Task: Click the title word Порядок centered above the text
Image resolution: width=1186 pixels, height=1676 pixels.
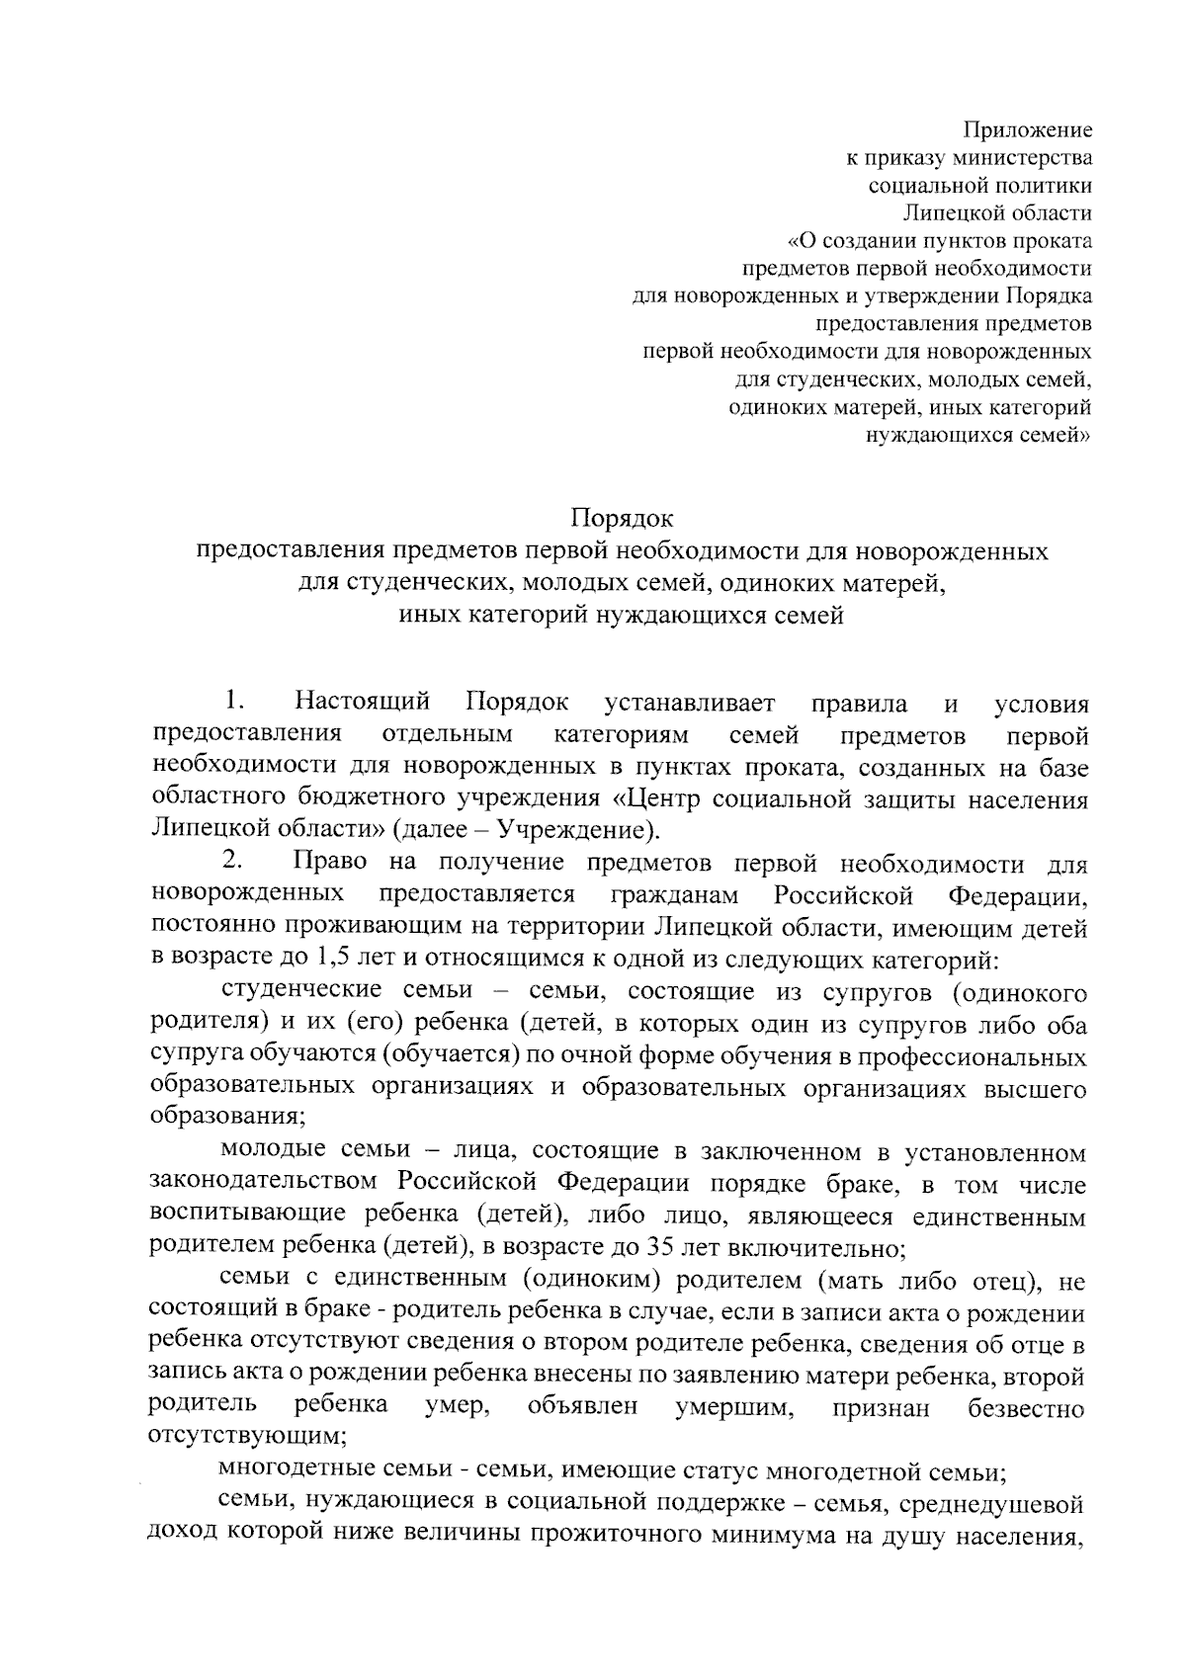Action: click(x=623, y=517)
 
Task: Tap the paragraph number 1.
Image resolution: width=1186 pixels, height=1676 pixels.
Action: click(x=233, y=703)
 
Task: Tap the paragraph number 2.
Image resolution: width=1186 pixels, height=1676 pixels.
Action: click(x=233, y=863)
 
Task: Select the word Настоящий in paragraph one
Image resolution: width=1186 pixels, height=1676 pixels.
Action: click(x=363, y=703)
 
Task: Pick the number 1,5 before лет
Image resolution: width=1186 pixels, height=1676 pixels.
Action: click(x=330, y=959)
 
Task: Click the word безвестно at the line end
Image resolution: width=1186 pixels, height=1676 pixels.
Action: click(x=1027, y=1407)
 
